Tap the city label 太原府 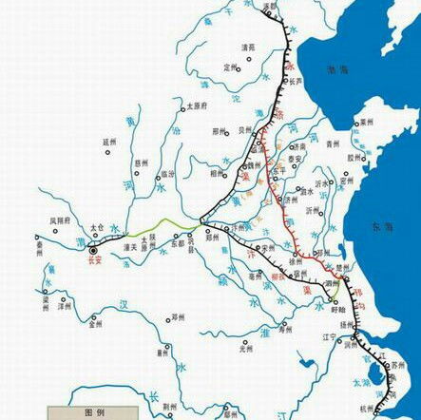click(195, 105)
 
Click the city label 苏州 click(397, 365)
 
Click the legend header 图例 click(94, 412)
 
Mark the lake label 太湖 click(362, 384)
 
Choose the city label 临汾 click(168, 174)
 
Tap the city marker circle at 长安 click(92, 249)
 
